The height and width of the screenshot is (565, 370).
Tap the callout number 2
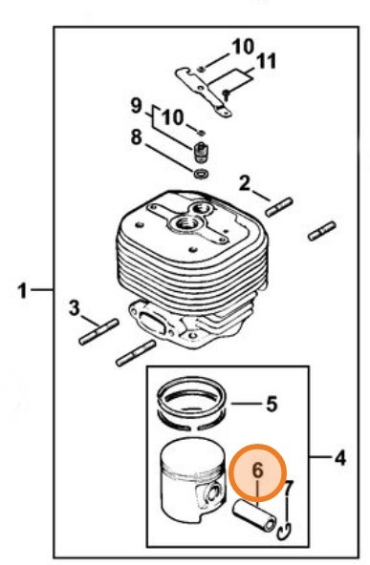pyautogui.click(x=246, y=182)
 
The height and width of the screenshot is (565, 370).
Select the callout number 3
pyautogui.click(x=74, y=307)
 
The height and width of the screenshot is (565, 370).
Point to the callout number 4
pyautogui.click(x=338, y=458)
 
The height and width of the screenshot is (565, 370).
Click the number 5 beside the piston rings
pyautogui.click(x=271, y=405)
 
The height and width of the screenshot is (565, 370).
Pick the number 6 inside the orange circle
pyautogui.click(x=257, y=471)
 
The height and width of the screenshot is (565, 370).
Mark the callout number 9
pyautogui.click(x=137, y=104)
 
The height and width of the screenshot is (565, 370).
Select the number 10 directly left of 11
pyautogui.click(x=243, y=46)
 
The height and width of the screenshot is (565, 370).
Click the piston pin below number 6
pyautogui.click(x=255, y=514)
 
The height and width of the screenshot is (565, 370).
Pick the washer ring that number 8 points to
pyautogui.click(x=201, y=173)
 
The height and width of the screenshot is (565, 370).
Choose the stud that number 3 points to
pyautogui.click(x=100, y=330)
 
